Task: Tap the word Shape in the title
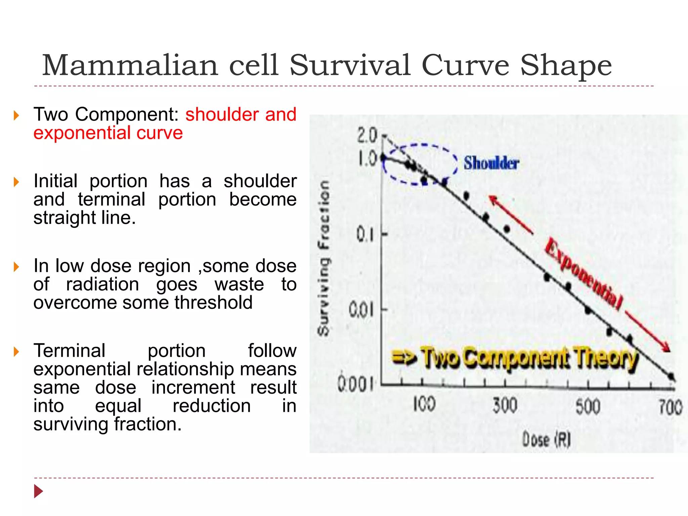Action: point(566,66)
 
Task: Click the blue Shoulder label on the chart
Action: point(491,163)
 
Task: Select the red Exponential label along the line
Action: point(584,273)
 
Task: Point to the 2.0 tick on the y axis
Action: point(367,136)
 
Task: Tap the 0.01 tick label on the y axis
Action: point(361,310)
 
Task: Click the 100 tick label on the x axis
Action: point(424,404)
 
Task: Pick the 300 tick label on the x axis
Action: point(505,405)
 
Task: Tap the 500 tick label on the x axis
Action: point(588,406)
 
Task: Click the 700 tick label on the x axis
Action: point(671,407)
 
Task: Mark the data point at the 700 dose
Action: point(671,376)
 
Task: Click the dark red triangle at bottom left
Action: point(39,491)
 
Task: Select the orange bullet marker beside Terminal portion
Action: point(16,352)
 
